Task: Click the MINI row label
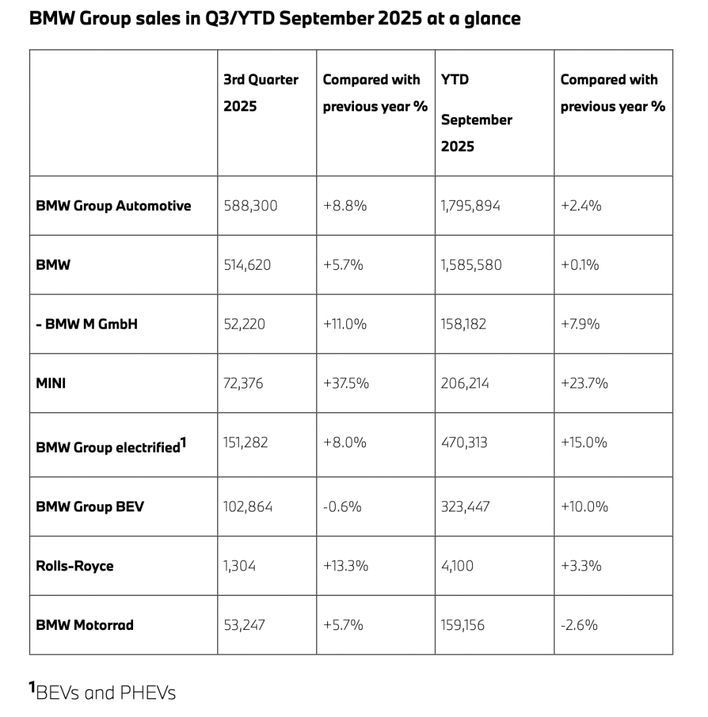coord(51,383)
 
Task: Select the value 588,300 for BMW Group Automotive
coord(250,206)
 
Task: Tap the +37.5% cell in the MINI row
coord(345,383)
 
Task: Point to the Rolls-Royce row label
coord(75,566)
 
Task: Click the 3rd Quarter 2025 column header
coord(260,92)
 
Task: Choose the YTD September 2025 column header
coord(476,113)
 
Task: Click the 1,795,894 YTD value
coord(471,206)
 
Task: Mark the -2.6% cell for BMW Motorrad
coord(579,625)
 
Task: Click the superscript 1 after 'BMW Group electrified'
coord(184,443)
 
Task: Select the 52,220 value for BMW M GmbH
coord(245,324)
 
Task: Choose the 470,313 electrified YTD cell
coord(465,443)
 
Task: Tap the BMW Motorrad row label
coord(85,625)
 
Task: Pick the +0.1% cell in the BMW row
coord(580,265)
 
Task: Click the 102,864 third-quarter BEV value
coord(248,507)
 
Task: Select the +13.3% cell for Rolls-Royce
coord(345,566)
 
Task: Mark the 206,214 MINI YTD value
coord(465,383)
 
